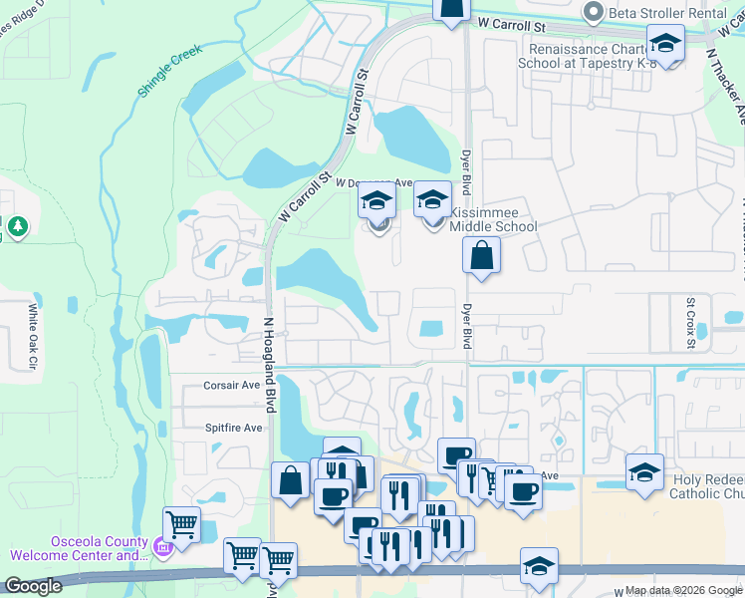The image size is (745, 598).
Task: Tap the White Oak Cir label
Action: click(x=33, y=338)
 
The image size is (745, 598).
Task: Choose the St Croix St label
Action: click(x=689, y=321)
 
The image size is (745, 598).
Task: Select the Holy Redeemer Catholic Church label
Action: click(x=708, y=485)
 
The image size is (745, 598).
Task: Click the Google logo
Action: click(x=32, y=587)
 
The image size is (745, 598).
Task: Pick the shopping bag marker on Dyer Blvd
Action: click(x=481, y=256)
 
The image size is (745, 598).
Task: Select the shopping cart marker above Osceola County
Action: click(x=181, y=522)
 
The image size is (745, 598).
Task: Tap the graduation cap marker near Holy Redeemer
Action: click(x=644, y=470)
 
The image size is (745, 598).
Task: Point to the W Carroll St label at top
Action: click(x=513, y=21)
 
